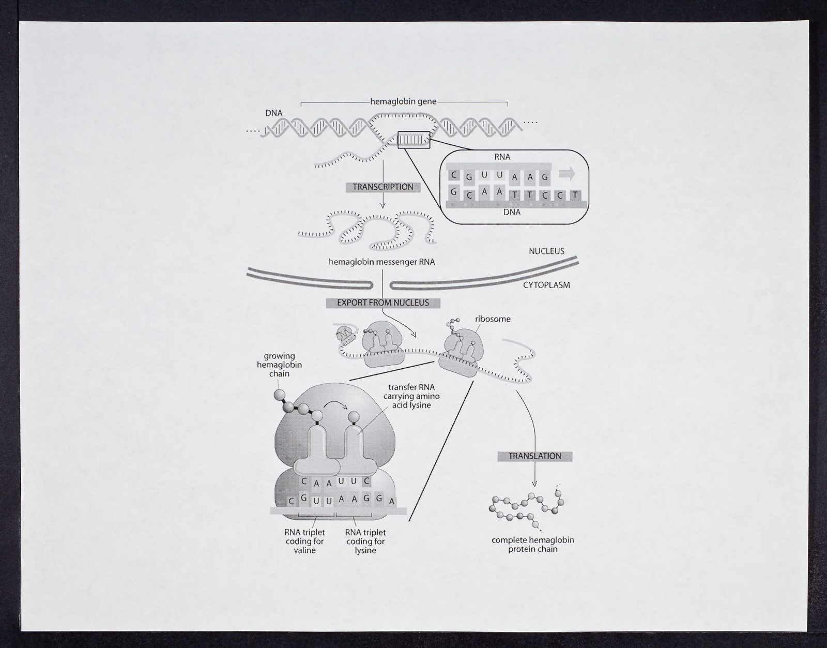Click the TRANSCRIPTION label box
pyautogui.click(x=383, y=187)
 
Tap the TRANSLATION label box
pyautogui.click(x=535, y=456)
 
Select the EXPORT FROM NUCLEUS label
pyautogui.click(x=383, y=303)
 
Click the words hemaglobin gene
pyautogui.click(x=403, y=102)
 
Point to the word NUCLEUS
pyautogui.click(x=546, y=251)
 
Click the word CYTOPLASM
pyautogui.click(x=546, y=285)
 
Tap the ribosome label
pyautogui.click(x=493, y=319)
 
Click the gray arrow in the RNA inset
pyautogui.click(x=566, y=174)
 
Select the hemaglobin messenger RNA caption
pyautogui.click(x=382, y=262)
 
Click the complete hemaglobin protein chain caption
pyautogui.click(x=533, y=545)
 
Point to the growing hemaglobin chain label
pyautogui.click(x=279, y=365)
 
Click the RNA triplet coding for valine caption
pyautogui.click(x=304, y=541)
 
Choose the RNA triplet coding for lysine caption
pyautogui.click(x=365, y=541)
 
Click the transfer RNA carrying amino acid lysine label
pyautogui.click(x=411, y=396)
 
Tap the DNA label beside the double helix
pyautogui.click(x=273, y=113)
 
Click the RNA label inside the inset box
pyautogui.click(x=502, y=157)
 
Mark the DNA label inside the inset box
pyautogui.click(x=512, y=213)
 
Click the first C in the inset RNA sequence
pyautogui.click(x=453, y=175)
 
